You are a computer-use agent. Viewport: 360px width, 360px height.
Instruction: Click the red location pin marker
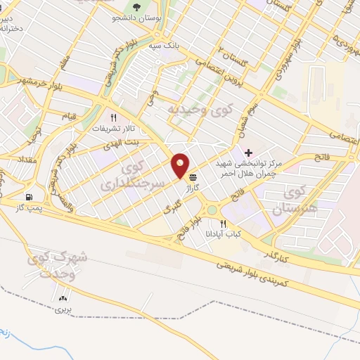point(181,164)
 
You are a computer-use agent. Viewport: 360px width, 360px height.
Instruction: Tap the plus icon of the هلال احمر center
point(248,153)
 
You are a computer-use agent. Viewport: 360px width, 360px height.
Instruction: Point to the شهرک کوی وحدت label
point(61,266)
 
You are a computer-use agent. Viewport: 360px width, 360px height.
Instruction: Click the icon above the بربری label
point(65,298)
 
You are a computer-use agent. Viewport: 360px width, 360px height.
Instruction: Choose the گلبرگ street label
point(171,208)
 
